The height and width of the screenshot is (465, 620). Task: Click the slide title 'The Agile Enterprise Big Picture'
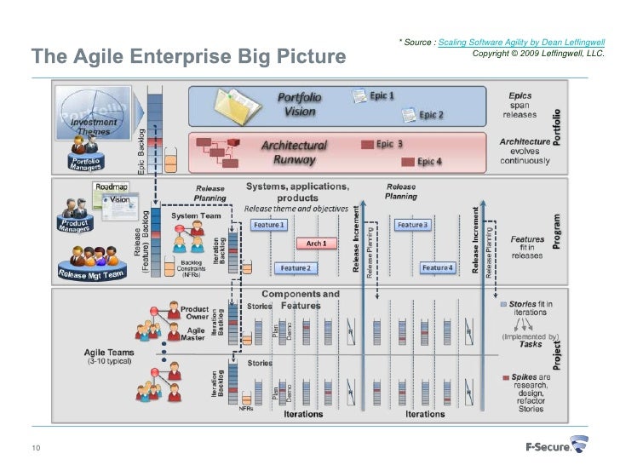pyautogui.click(x=188, y=57)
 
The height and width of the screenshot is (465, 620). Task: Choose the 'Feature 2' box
pyautogui.click(x=296, y=267)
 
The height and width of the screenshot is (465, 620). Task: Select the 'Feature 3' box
pyautogui.click(x=413, y=224)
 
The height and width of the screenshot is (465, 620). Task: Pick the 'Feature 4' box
pyautogui.click(x=438, y=267)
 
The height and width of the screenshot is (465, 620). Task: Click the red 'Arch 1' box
pyautogui.click(x=317, y=244)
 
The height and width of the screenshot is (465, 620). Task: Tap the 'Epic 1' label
pyautogui.click(x=382, y=96)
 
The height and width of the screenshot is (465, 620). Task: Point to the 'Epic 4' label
pyautogui.click(x=429, y=161)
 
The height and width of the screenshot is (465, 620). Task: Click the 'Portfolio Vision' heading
pyautogui.click(x=300, y=104)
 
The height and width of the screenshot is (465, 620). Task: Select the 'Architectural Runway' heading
pyautogui.click(x=294, y=152)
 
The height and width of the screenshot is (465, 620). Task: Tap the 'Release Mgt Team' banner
pyautogui.click(x=91, y=274)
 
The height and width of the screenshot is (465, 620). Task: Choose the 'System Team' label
pyautogui.click(x=197, y=216)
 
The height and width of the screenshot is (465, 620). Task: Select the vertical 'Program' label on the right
pyautogui.click(x=557, y=232)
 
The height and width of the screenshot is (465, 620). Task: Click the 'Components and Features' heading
pyautogui.click(x=300, y=300)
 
